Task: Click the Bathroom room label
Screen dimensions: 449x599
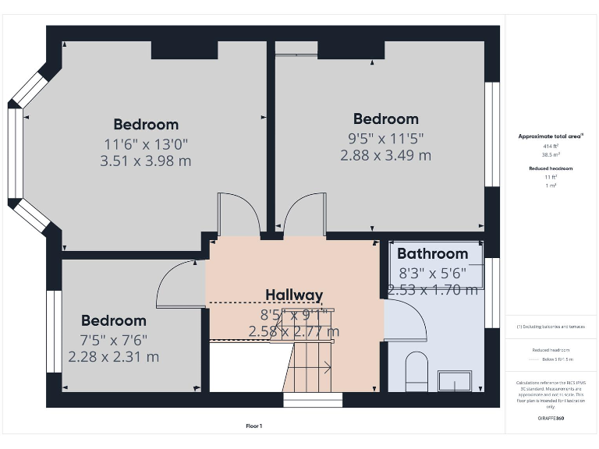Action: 432,253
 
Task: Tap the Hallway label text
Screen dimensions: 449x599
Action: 293,295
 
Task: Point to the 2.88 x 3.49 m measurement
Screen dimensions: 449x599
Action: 385,155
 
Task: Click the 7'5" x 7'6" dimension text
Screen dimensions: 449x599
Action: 114,340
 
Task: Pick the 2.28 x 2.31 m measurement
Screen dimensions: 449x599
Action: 114,357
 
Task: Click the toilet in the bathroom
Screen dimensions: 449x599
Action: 417,370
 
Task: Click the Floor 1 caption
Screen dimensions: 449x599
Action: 253,426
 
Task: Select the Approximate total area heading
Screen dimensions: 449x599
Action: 551,136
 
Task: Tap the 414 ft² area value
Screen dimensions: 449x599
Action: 551,146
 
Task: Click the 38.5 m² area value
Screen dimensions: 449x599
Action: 551,154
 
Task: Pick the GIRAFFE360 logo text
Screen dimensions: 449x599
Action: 551,419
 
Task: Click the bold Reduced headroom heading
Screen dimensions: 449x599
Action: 551,168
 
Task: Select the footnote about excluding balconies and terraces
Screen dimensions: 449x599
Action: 551,327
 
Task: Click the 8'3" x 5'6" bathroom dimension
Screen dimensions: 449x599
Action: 432,273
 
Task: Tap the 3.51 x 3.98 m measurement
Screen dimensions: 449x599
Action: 146,161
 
